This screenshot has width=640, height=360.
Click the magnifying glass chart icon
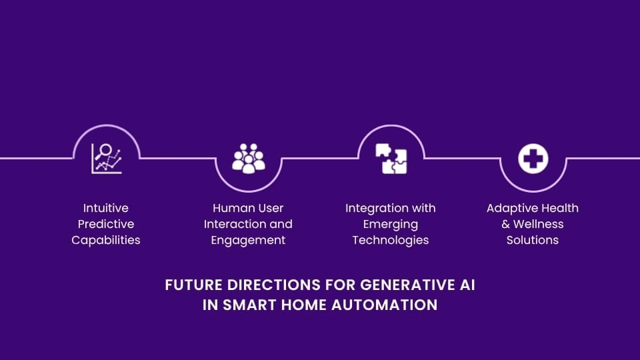click(x=106, y=159)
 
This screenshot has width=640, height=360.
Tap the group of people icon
click(x=248, y=159)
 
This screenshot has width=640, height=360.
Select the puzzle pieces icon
click(x=391, y=159)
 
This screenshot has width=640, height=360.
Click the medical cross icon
click(x=533, y=159)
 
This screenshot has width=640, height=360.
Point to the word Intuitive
click(x=106, y=208)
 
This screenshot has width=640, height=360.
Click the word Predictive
click(x=106, y=224)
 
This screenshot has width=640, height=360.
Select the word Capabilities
click(x=106, y=240)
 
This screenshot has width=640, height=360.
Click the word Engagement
click(x=248, y=240)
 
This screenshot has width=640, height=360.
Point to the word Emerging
click(x=391, y=224)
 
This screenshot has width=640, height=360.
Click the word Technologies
click(x=391, y=240)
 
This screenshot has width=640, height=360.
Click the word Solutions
click(x=533, y=240)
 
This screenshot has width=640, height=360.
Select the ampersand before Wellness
click(x=506, y=224)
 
